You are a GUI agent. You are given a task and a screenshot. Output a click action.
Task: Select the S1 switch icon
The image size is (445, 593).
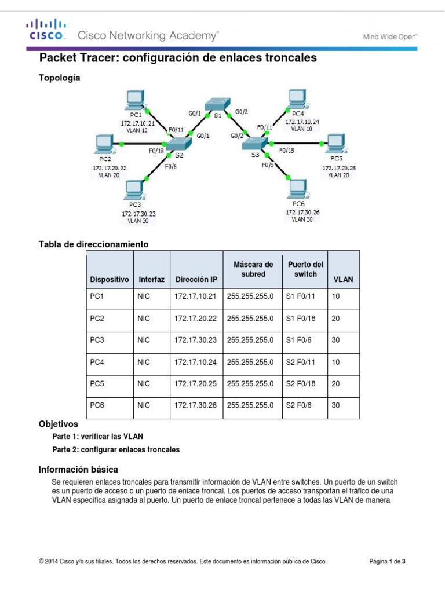(x=218, y=105)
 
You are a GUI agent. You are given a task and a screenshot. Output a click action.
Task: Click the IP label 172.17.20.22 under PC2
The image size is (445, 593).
(x=110, y=167)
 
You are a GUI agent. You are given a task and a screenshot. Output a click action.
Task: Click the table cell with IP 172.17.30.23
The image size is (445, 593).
(x=195, y=341)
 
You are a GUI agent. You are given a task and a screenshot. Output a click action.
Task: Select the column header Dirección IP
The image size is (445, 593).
(x=196, y=280)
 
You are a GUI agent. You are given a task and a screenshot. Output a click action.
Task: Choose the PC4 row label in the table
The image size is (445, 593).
(x=96, y=363)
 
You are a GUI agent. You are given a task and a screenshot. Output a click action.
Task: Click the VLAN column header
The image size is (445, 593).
(x=343, y=280)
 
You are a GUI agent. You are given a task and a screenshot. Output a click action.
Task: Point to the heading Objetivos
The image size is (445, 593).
(x=58, y=424)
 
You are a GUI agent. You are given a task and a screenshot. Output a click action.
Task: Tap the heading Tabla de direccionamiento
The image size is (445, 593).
(x=93, y=244)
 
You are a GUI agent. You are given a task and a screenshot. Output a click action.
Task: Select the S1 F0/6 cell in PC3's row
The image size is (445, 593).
(x=299, y=341)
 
